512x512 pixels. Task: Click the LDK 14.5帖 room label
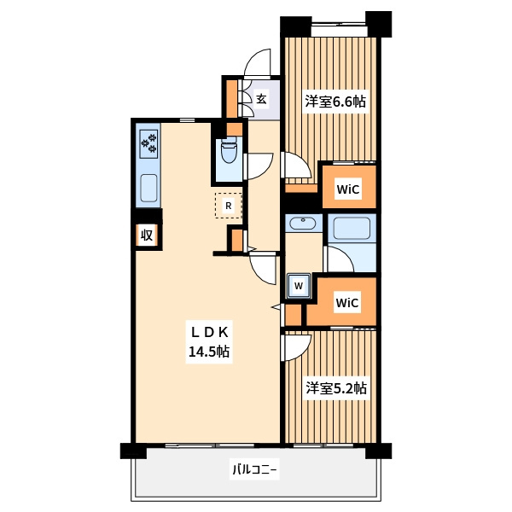click(209, 342)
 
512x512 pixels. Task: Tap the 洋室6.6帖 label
click(335, 102)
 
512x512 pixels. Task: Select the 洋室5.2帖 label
click(336, 388)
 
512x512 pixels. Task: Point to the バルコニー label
click(254, 470)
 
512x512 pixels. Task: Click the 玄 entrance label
click(261, 99)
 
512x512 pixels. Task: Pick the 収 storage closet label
click(147, 235)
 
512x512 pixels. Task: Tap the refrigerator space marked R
click(229, 206)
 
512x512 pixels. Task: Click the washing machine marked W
click(299, 286)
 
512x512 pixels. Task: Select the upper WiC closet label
click(348, 189)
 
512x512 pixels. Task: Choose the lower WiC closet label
click(347, 303)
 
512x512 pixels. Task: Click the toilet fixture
click(230, 150)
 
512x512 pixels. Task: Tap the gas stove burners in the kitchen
click(148, 144)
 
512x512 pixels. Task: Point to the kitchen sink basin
click(148, 189)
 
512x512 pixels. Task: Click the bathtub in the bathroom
click(352, 228)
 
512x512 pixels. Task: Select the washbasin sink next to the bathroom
click(303, 224)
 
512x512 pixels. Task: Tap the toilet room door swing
click(259, 166)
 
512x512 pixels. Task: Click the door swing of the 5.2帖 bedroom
click(295, 348)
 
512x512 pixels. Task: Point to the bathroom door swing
click(340, 259)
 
